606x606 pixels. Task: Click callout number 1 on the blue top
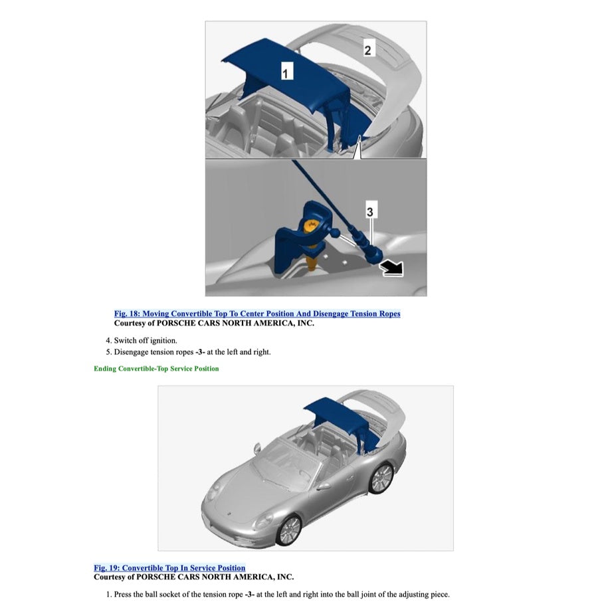[x=285, y=72]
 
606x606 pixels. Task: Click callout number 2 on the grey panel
[x=369, y=48]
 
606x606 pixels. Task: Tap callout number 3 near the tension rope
[x=370, y=211]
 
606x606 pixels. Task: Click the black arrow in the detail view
[x=392, y=268]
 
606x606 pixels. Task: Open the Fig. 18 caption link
[x=257, y=314]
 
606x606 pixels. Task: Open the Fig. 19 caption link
[x=169, y=568]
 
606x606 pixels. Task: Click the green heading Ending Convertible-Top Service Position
[x=156, y=369]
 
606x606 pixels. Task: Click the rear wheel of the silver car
[x=381, y=477]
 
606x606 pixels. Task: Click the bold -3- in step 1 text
[x=250, y=593]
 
